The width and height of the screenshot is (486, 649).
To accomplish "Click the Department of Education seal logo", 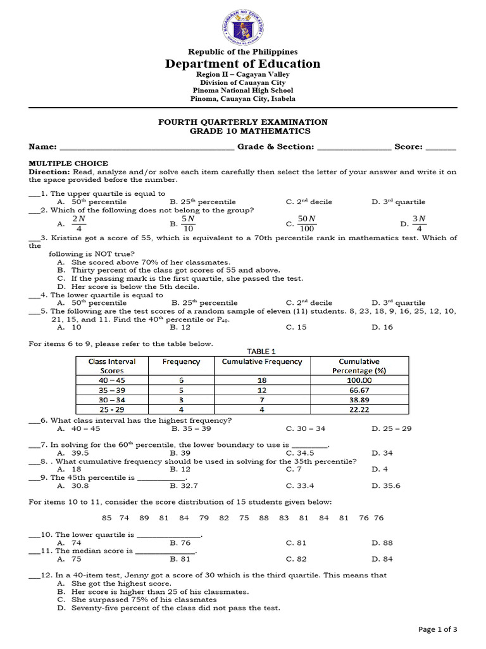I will [243, 26].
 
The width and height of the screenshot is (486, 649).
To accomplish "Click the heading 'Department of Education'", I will [243, 63].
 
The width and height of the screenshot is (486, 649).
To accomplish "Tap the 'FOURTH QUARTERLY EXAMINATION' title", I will [243, 122].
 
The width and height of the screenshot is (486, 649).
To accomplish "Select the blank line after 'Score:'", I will [441, 147].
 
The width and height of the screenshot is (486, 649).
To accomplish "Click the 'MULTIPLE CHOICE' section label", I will [68, 164].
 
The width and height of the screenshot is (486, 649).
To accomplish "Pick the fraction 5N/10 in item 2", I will [187, 224].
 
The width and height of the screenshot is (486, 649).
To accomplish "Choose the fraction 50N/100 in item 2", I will [308, 224].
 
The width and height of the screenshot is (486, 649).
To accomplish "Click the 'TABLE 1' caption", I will [262, 351].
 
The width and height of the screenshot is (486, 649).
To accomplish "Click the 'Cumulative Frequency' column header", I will [262, 362].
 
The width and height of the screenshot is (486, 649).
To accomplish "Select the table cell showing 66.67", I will [359, 390].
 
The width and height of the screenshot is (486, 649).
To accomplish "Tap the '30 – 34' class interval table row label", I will [108, 401].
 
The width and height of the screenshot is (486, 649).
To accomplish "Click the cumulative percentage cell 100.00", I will [359, 380].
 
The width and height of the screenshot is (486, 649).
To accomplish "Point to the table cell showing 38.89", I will [359, 401].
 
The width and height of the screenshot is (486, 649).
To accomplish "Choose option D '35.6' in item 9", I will [390, 486].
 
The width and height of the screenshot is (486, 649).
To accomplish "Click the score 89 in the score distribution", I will [144, 518].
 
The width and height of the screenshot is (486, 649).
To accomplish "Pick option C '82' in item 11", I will [296, 559].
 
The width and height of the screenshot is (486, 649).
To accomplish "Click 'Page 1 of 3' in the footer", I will [438, 629].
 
